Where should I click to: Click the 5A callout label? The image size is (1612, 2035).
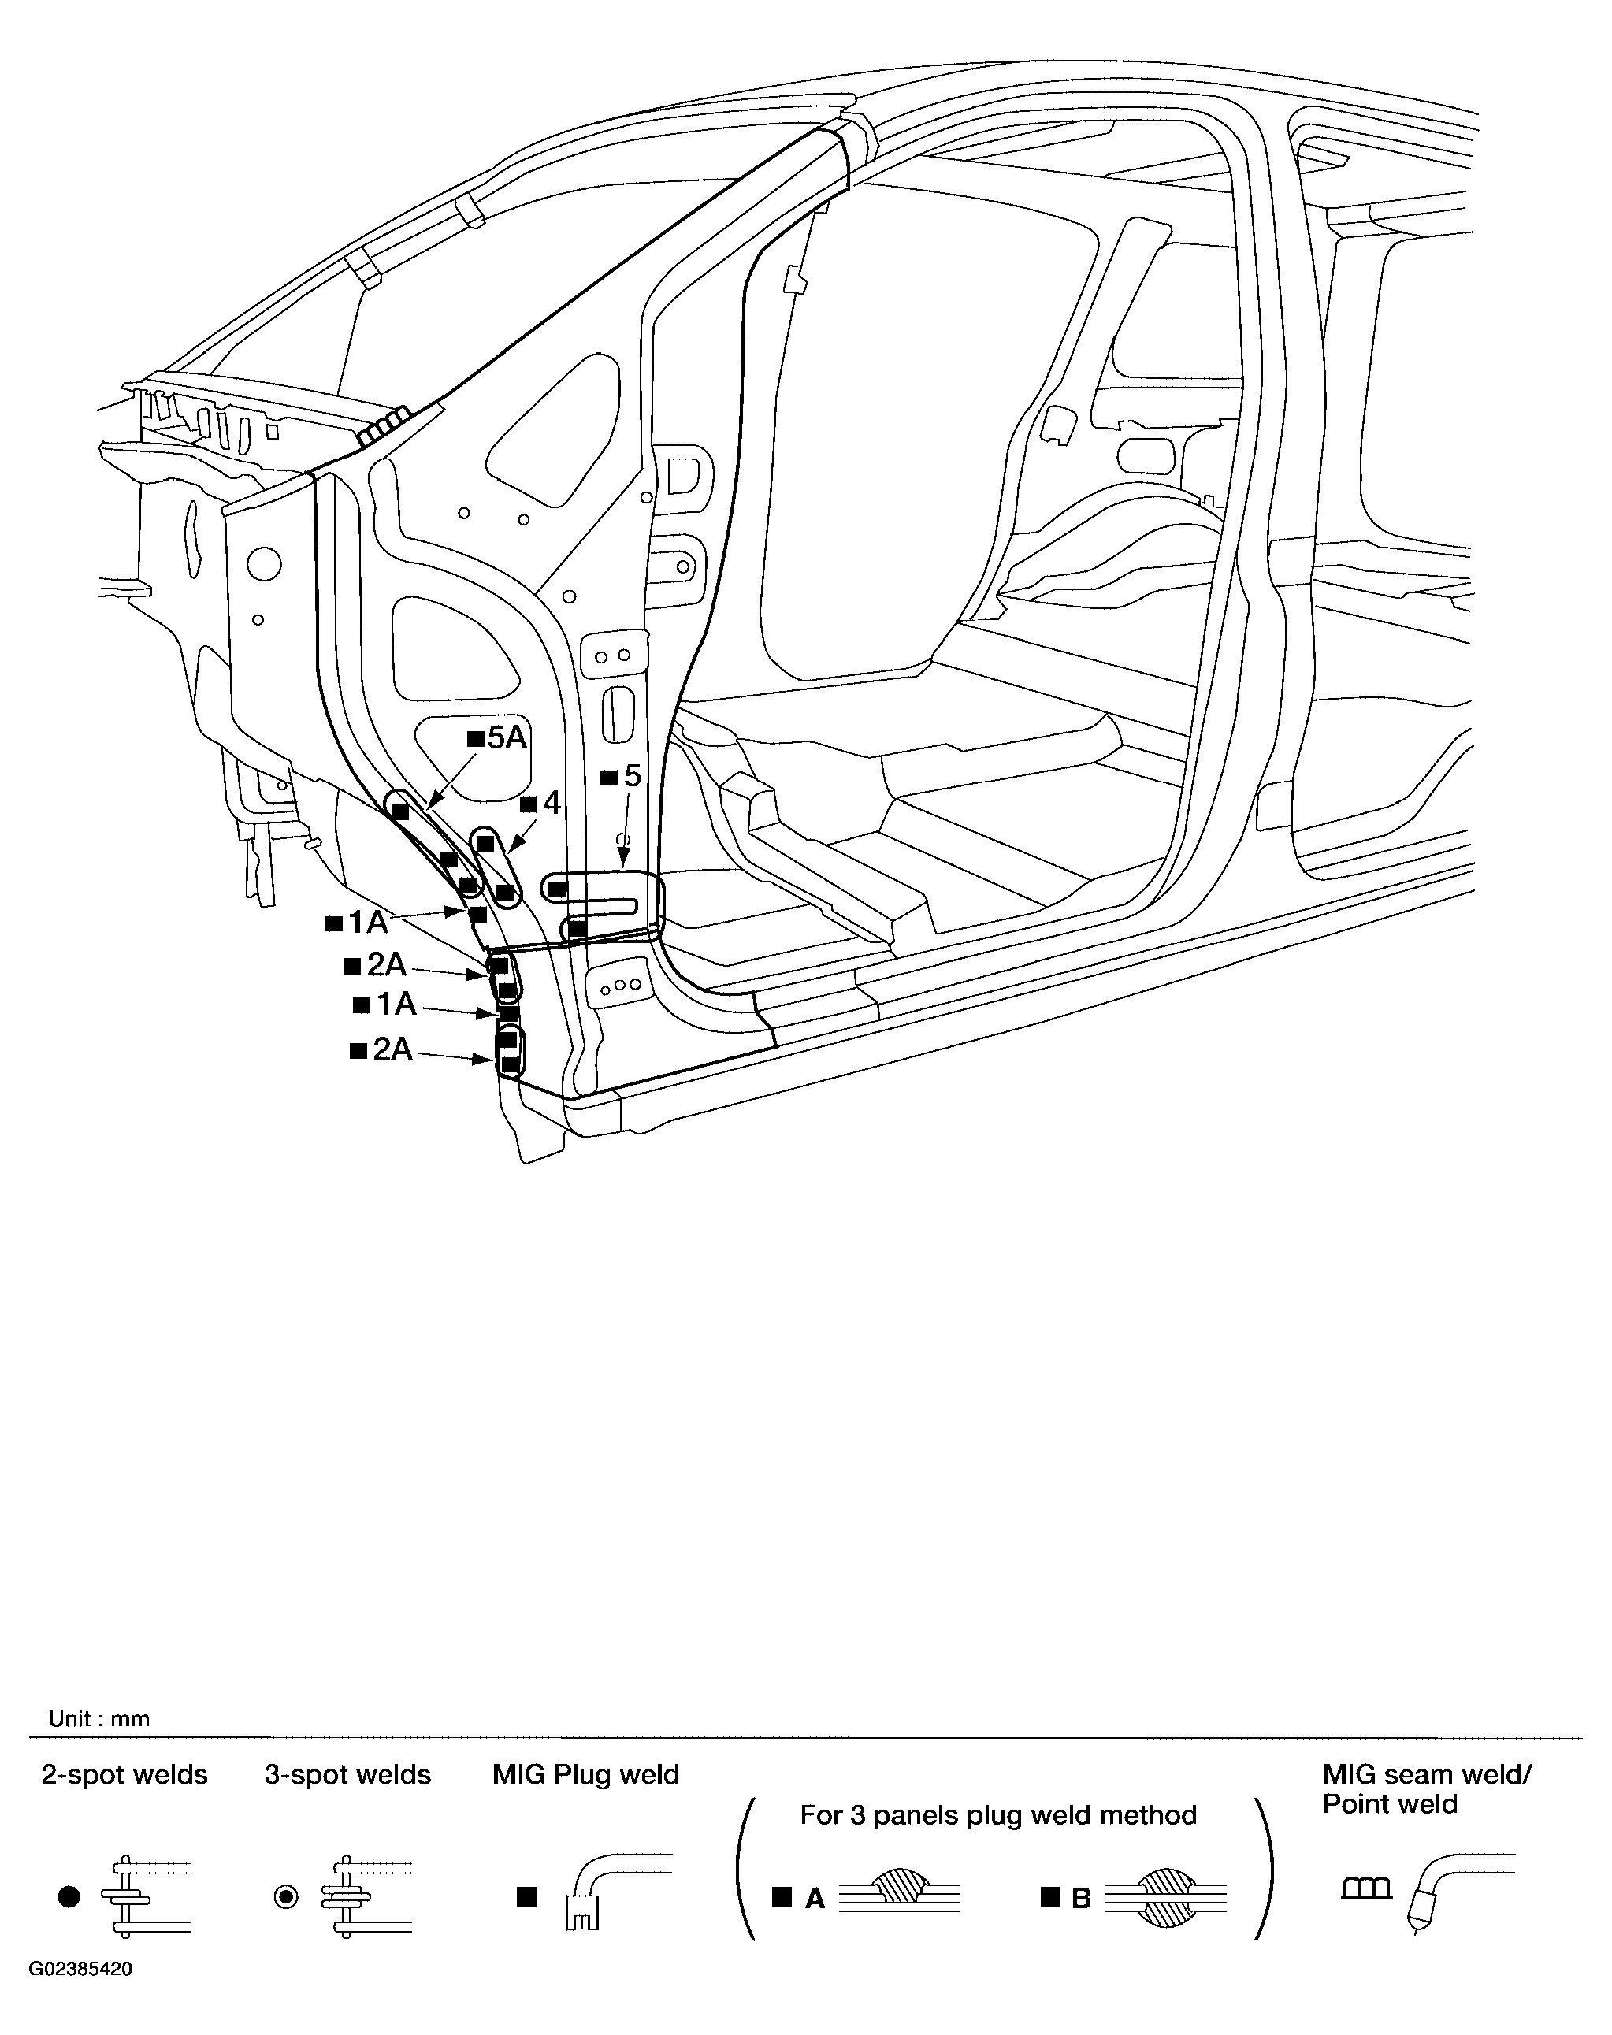click(507, 737)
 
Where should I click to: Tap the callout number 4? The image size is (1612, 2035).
click(552, 804)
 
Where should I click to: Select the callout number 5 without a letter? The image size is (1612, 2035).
click(633, 776)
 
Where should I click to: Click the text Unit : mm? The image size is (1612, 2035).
click(99, 1719)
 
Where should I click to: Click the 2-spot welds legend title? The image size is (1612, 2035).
click(124, 1776)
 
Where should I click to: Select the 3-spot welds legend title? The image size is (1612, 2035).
click(347, 1776)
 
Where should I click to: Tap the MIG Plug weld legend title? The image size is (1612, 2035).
click(586, 1776)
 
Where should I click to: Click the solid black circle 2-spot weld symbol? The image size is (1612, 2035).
click(69, 1897)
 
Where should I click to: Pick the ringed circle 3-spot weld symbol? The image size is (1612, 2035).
click(286, 1897)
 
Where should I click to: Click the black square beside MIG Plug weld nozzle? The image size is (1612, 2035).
click(526, 1897)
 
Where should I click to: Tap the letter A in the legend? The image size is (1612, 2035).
click(815, 1899)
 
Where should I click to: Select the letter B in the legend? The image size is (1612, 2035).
click(1082, 1899)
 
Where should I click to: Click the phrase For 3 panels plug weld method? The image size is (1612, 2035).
click(998, 1815)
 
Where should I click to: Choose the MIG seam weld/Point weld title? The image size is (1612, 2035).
click(1427, 1790)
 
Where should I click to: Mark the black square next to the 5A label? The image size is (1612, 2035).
click(476, 739)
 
